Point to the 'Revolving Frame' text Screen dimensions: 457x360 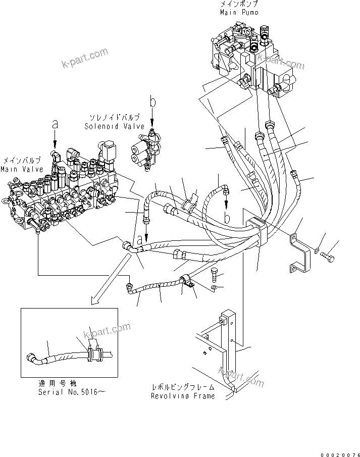[x=183, y=396]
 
